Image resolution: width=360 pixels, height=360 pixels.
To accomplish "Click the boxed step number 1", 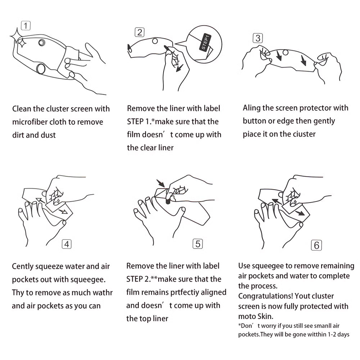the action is click(x=26, y=26).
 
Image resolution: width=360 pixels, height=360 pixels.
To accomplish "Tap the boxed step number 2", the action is click(x=140, y=32).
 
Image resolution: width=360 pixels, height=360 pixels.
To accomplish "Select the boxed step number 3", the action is click(x=258, y=38).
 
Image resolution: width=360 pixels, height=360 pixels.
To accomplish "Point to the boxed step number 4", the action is click(x=67, y=244).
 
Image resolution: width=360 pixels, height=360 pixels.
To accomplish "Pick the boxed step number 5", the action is click(x=198, y=243).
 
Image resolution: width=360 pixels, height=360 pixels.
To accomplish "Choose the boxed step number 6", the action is click(x=316, y=245).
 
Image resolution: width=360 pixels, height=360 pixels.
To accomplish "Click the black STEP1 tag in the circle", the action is click(x=205, y=42).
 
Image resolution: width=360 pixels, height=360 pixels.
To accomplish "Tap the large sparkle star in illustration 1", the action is click(x=15, y=36).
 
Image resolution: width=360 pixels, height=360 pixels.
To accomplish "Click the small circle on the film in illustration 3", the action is click(x=286, y=53).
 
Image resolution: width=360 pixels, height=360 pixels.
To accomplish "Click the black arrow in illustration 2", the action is click(x=180, y=68).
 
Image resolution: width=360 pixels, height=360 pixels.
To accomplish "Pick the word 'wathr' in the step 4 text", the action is click(x=102, y=293).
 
